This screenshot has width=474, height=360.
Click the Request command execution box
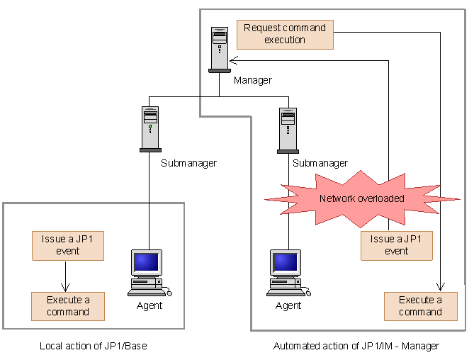[x=284, y=34]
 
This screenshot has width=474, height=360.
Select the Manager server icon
[x=219, y=49]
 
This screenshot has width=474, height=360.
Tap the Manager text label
[x=252, y=80]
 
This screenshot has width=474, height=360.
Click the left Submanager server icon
[x=150, y=128]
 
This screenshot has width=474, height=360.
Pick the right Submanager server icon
[x=287, y=128]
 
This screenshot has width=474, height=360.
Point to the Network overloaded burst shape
[x=361, y=198]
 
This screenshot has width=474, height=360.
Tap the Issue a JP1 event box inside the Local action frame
[x=68, y=245]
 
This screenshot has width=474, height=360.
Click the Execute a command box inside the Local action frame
[x=68, y=306]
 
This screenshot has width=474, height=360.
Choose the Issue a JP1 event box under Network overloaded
[x=396, y=244]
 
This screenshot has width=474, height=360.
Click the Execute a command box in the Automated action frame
[x=420, y=306]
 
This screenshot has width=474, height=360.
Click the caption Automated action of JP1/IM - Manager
[x=356, y=346]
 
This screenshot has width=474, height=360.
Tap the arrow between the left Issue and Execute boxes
[x=65, y=276]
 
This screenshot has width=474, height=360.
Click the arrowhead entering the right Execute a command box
[x=441, y=287]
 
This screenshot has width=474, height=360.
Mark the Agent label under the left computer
[x=149, y=305]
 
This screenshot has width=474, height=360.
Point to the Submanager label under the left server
[x=188, y=163]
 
